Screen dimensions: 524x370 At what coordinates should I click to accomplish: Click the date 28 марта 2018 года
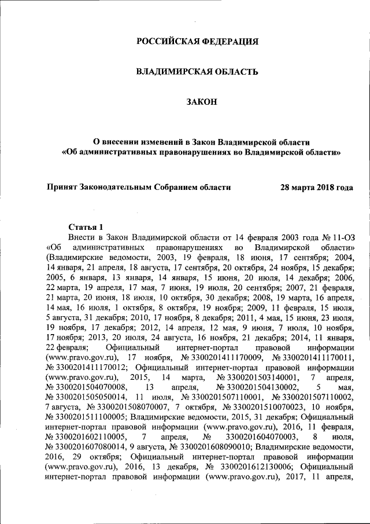(x=316, y=187)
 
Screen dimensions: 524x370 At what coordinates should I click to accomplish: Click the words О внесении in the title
(x=116, y=142)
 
